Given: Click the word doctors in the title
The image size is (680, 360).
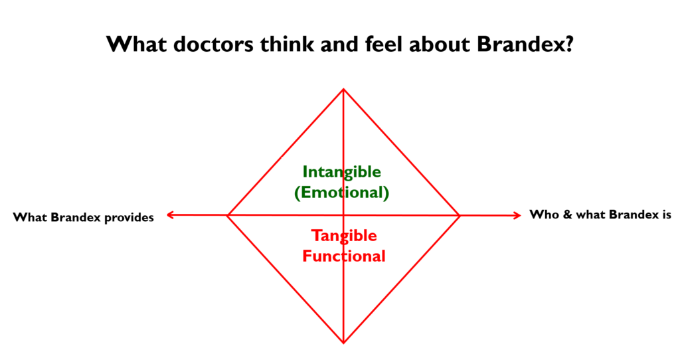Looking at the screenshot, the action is point(213,44).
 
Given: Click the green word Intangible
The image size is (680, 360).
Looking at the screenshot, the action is point(342,172).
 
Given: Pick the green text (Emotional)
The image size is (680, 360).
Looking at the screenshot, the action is point(342,192).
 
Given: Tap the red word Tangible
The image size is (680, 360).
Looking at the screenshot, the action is point(344,236).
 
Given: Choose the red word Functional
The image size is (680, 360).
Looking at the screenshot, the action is point(344,256).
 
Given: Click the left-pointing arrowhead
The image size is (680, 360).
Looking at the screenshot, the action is point(170,215).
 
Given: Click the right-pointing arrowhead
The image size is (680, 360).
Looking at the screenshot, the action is point(517,215).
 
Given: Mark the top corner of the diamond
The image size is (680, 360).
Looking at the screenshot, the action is point(343,90).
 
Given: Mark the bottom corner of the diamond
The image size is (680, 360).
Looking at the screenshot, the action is point(343,343).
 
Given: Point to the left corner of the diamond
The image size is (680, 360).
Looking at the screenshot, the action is point(228,215).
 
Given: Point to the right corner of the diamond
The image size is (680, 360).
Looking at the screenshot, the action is point(460,215).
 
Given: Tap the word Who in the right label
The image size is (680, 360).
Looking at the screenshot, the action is point(545,215).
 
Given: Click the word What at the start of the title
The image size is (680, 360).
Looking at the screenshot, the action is point(137,44).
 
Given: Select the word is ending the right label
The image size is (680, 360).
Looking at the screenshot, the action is point(667,215).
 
